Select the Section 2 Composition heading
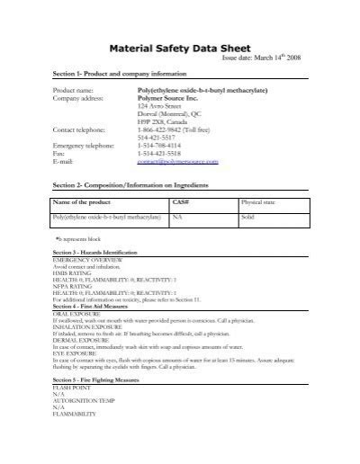[137, 184]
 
